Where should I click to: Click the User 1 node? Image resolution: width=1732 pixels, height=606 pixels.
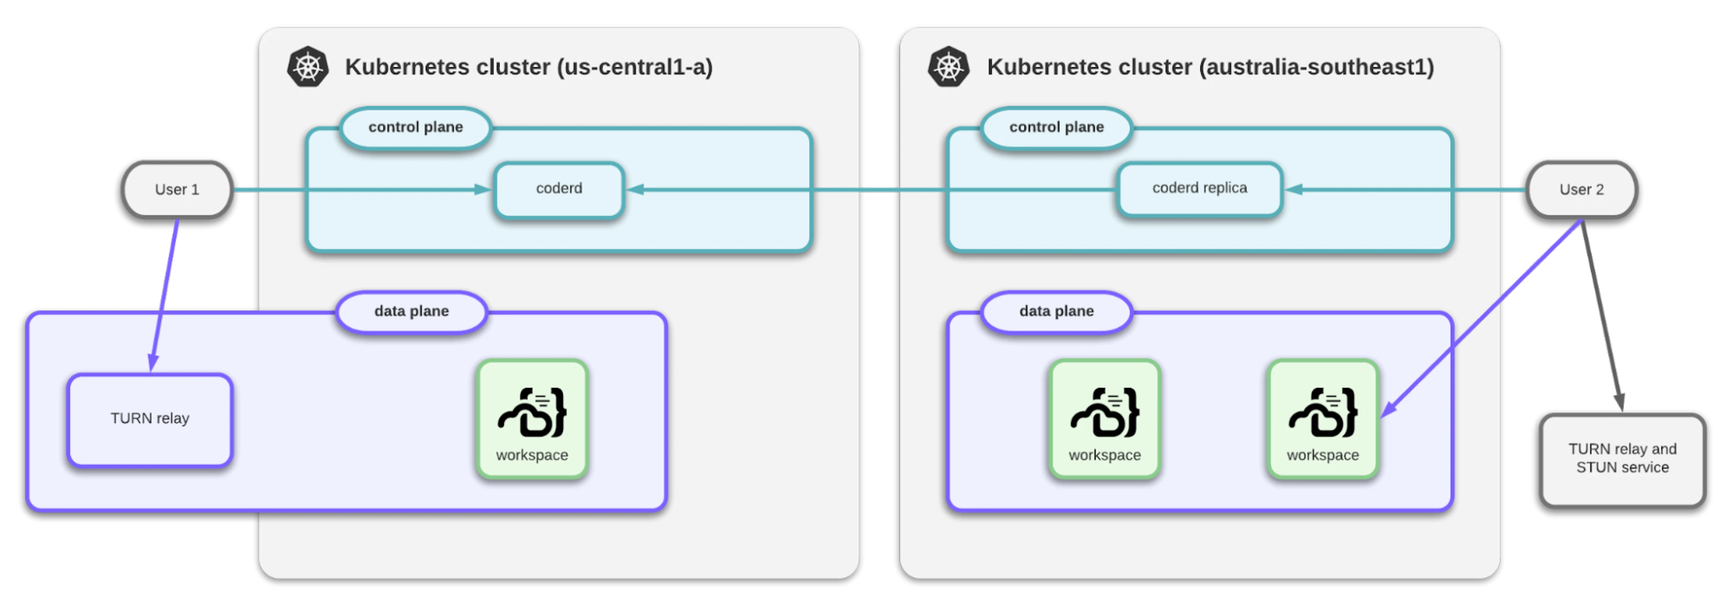pos(177,190)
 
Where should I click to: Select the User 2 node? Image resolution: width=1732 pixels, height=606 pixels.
pos(1581,190)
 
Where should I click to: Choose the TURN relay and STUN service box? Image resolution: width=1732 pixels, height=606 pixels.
pos(1622,459)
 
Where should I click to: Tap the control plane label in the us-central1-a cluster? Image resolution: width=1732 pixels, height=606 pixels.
pos(415,127)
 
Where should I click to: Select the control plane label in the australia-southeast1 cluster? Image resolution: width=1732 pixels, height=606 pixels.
pos(1056,127)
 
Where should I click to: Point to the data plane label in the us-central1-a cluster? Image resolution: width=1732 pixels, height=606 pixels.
pos(411,311)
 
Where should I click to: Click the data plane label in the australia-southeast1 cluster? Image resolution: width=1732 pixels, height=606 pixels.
pos(1056,311)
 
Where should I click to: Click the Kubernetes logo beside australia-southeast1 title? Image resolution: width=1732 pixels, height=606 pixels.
pos(949,67)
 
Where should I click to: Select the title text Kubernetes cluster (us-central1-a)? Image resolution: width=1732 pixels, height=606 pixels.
pos(529,67)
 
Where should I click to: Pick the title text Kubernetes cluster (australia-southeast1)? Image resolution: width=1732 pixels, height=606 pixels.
pos(1210,67)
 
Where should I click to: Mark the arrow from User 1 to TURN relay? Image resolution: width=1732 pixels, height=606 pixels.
pos(165,295)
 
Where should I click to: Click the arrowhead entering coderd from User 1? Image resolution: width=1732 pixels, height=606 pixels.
pos(483,190)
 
